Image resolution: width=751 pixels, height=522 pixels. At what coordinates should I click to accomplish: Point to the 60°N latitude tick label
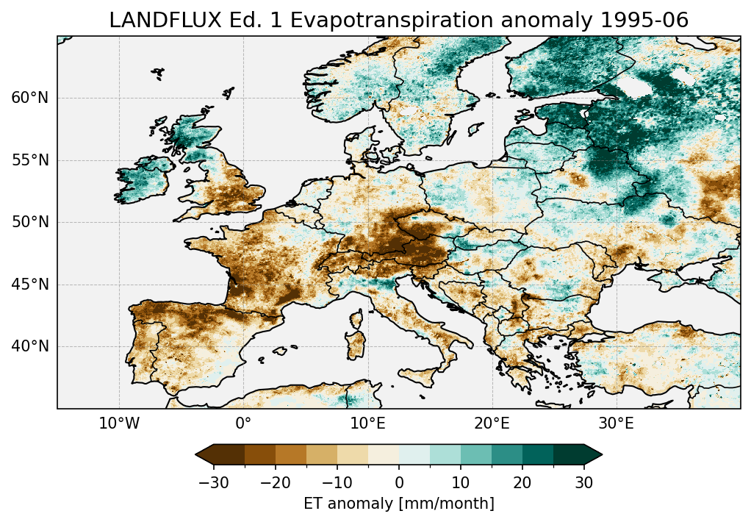[30, 98]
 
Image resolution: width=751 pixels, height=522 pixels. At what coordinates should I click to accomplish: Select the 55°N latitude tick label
[30, 160]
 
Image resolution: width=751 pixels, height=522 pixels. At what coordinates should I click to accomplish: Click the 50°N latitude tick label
[30, 222]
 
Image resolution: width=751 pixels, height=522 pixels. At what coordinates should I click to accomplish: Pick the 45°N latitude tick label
[30, 285]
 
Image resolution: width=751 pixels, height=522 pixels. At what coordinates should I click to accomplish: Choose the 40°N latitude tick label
[30, 346]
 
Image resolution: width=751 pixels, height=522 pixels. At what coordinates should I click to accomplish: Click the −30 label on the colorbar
[214, 482]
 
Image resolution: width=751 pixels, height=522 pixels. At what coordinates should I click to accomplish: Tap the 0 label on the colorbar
[399, 482]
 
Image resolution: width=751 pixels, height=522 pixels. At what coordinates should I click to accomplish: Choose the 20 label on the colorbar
[522, 482]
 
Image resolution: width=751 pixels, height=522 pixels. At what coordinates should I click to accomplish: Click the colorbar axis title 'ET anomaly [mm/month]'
[399, 504]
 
